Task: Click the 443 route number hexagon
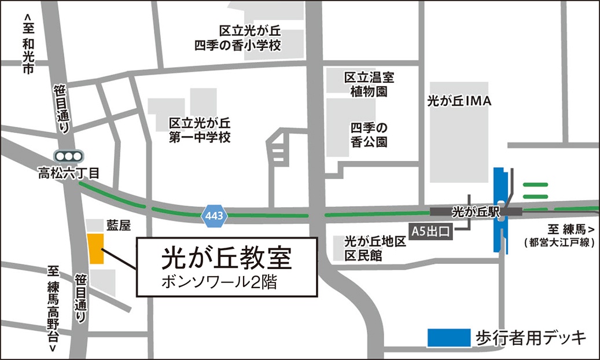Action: tap(215, 215)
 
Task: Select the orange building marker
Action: tap(95, 249)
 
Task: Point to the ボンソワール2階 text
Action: tap(219, 283)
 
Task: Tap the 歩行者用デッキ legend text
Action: tap(531, 337)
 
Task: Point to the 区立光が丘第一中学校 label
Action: tap(200, 130)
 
